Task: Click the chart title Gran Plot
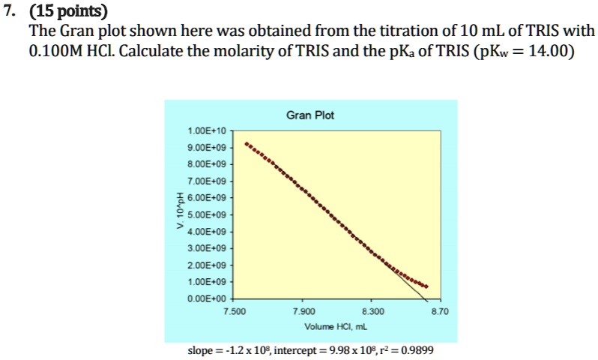point(310,115)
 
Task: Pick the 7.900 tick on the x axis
point(306,310)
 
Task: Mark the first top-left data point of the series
point(247,142)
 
